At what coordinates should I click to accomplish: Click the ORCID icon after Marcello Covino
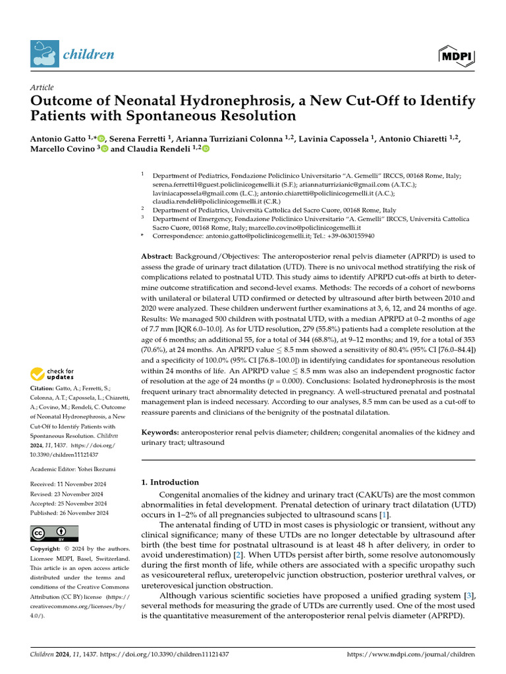tap(104, 149)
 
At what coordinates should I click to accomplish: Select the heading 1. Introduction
tap(170, 482)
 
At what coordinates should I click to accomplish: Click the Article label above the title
tap(42, 88)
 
